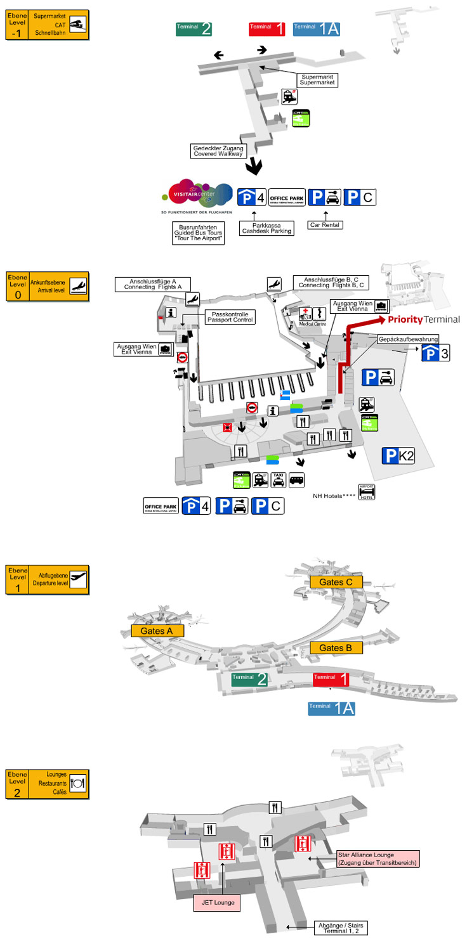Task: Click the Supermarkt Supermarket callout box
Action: [x=318, y=80]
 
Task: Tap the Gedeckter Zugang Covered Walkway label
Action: [x=218, y=150]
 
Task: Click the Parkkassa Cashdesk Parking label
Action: [x=266, y=228]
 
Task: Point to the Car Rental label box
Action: [x=325, y=224]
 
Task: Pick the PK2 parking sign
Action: [x=398, y=455]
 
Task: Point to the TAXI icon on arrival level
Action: [x=278, y=479]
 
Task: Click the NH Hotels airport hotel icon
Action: [x=367, y=493]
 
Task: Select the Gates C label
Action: [x=336, y=581]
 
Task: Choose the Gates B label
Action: [x=336, y=647]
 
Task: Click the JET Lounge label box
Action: [x=217, y=902]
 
